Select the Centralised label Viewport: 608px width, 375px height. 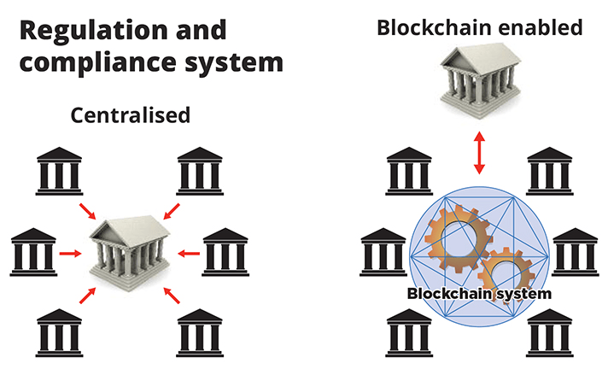[130, 115]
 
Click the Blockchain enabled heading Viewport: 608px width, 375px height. [480, 28]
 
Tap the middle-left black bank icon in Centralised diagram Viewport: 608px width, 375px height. [32, 251]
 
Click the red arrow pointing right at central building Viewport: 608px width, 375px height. [73, 252]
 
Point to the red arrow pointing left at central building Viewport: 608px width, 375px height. [190, 252]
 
